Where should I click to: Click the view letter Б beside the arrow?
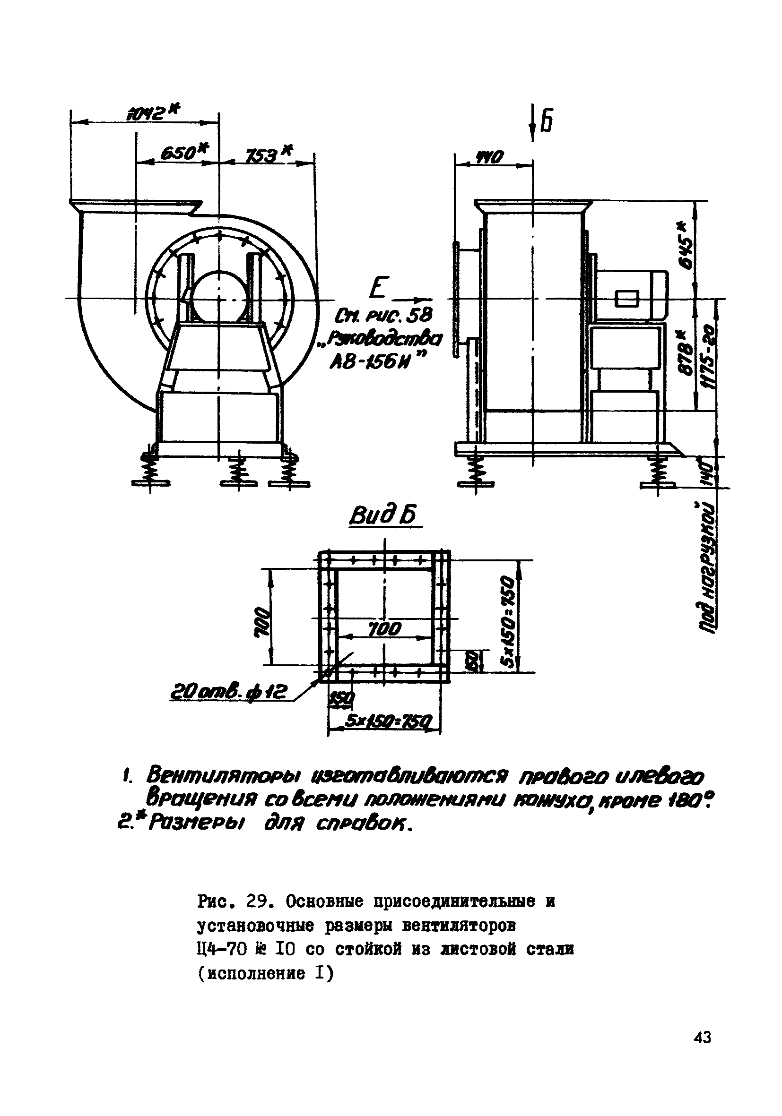point(547,122)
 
